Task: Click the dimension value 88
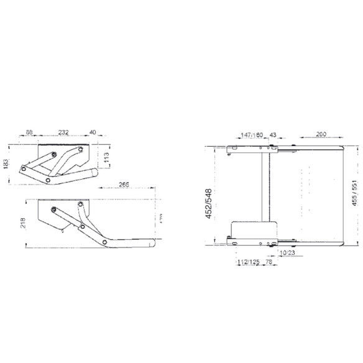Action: [29, 132]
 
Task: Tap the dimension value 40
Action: [93, 132]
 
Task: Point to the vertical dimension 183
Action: [6, 163]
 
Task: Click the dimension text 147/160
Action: [252, 134]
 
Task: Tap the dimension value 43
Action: [273, 134]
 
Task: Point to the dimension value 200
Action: [321, 134]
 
